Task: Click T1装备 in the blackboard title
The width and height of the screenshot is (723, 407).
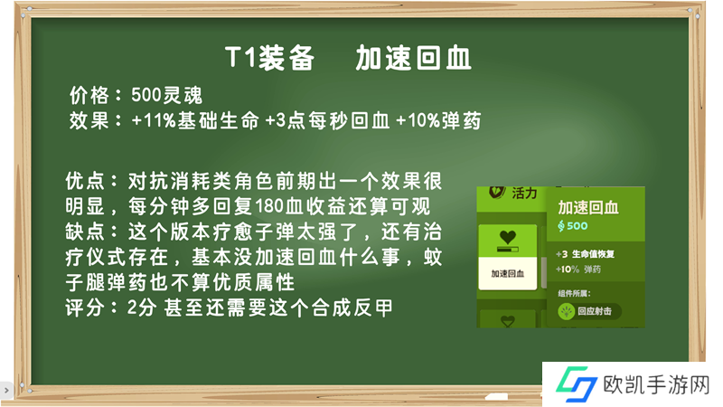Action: coord(270,58)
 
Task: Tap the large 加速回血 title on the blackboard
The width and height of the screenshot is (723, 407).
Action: coord(413,58)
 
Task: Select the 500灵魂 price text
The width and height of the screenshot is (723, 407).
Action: coord(166,95)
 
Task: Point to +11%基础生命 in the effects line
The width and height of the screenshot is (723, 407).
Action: coord(195,121)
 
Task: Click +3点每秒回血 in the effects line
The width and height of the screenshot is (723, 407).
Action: coord(327,121)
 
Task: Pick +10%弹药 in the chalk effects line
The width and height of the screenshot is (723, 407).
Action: coord(438,121)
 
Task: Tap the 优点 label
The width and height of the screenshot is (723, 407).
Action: coord(84,181)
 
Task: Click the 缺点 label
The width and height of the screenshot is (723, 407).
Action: coord(84,232)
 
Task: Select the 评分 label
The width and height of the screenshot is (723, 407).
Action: coord(84,308)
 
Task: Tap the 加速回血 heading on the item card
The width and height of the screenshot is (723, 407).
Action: coord(588,208)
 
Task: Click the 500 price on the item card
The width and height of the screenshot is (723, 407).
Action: coord(573,225)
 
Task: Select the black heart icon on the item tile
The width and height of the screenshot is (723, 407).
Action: coord(508,237)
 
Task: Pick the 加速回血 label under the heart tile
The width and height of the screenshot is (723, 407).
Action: coord(508,274)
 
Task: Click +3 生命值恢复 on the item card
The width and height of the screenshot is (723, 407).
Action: coord(585,254)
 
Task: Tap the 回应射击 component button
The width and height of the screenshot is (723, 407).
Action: coord(589,311)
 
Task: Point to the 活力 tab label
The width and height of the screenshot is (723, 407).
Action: coord(525,193)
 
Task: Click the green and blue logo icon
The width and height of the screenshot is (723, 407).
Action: coord(577,383)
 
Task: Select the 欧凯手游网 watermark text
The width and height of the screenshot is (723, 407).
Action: coord(657,384)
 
